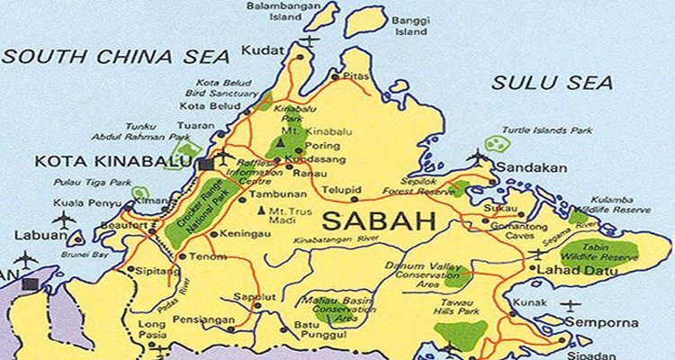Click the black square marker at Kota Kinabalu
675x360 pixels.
point(206,164)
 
